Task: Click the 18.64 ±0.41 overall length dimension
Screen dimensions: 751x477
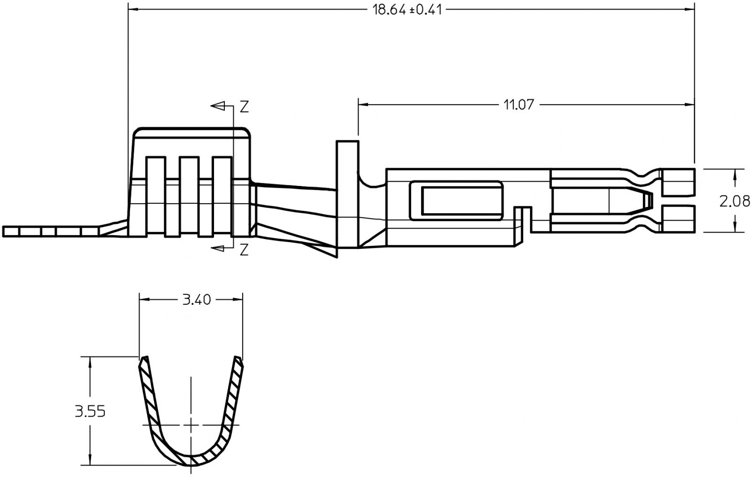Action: pyautogui.click(x=407, y=9)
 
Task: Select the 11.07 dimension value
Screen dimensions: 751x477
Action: pyautogui.click(x=518, y=105)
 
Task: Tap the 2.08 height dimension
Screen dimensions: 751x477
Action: pyautogui.click(x=734, y=201)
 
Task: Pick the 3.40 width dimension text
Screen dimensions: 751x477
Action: pyautogui.click(x=197, y=300)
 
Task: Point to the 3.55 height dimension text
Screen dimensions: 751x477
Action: pyautogui.click(x=90, y=411)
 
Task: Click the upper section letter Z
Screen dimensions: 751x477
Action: pyautogui.click(x=245, y=106)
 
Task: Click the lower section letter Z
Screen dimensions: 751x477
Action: pyautogui.click(x=244, y=250)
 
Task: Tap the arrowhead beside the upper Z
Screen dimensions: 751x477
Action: pyautogui.click(x=218, y=106)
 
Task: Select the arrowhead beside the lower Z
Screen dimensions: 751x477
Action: pyautogui.click(x=218, y=248)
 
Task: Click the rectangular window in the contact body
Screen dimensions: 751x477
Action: pyautogui.click(x=456, y=200)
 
